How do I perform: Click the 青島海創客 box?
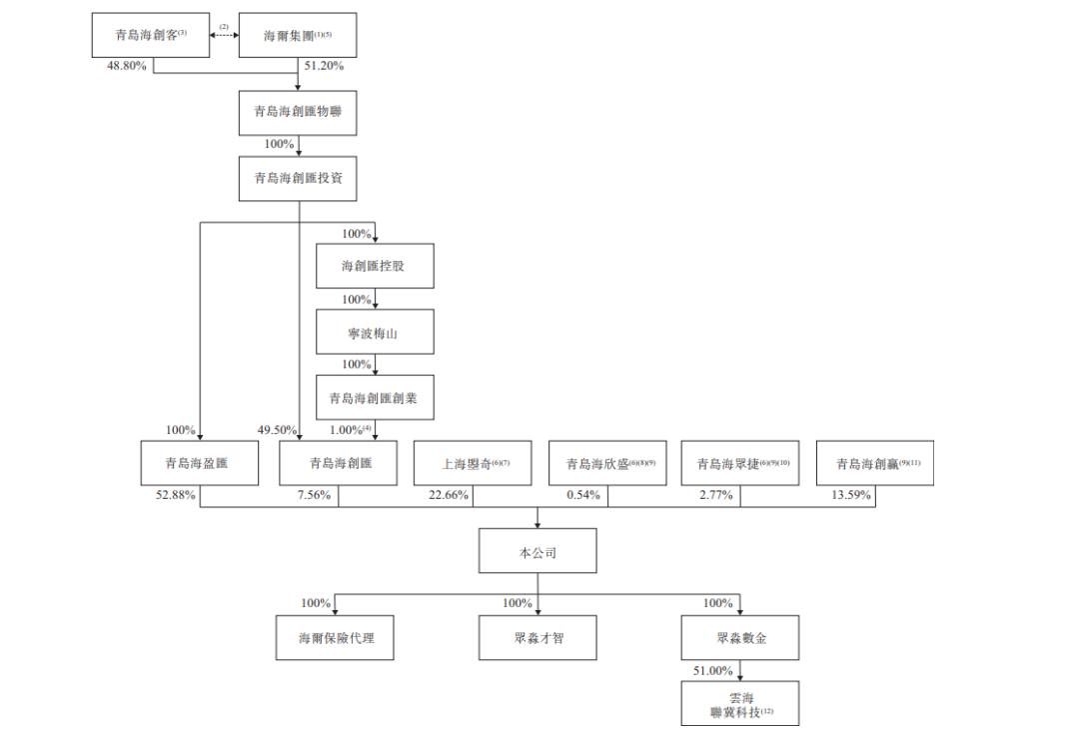149,36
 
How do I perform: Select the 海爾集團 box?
299,36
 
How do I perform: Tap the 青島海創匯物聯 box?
299,111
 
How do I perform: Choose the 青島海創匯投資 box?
299,179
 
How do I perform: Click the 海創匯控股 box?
375,267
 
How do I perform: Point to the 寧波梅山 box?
375,333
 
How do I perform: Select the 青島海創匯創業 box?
375,398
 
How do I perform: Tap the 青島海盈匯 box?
200,464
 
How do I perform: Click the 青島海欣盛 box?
608,464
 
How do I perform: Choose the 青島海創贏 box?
875,464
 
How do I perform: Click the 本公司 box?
538,551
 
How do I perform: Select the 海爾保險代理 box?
335,638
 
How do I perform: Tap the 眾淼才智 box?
538,638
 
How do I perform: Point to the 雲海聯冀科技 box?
740,703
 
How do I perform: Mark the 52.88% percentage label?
175,495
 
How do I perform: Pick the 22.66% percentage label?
449,495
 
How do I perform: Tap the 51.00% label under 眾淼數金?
712,670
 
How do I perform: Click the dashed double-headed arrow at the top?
224,36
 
